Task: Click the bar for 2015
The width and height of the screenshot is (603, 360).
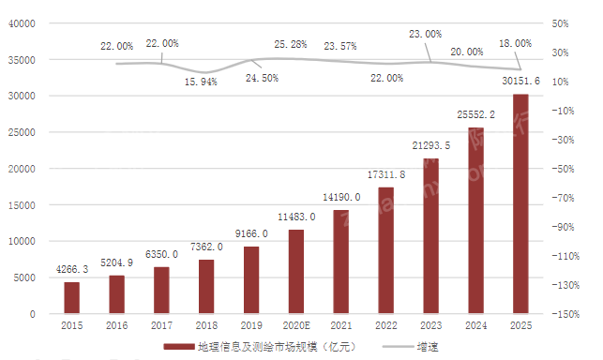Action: (x=71, y=297)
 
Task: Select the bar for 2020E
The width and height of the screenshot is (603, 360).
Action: (x=295, y=271)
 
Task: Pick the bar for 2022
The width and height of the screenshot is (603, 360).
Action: (x=385, y=250)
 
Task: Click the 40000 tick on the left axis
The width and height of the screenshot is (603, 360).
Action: (x=20, y=22)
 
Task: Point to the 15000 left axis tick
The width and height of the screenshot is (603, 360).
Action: (x=20, y=205)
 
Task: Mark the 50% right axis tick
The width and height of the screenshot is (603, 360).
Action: (x=565, y=22)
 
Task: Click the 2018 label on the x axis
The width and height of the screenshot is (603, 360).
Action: (x=206, y=325)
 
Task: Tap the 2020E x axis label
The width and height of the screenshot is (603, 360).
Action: (x=295, y=325)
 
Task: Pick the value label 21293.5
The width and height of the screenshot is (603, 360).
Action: (x=430, y=145)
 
